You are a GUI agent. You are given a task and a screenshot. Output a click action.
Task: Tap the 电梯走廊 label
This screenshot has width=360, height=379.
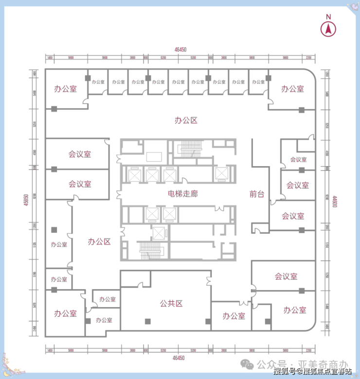[x=182, y=193]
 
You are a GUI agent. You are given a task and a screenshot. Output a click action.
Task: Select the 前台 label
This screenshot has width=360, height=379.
[x=256, y=194]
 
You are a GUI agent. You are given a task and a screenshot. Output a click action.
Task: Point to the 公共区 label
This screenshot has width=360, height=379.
[x=171, y=304]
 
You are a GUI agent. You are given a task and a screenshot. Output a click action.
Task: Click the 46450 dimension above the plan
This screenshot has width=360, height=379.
[x=180, y=49]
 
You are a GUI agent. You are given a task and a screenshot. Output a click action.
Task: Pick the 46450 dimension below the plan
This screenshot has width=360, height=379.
[x=179, y=358]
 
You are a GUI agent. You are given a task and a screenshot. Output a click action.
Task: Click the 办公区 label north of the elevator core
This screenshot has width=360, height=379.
[x=186, y=120]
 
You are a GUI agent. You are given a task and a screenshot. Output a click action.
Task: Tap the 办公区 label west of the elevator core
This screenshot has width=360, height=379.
[x=99, y=241]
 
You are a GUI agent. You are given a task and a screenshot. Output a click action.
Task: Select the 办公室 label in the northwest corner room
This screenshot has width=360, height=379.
[x=65, y=89]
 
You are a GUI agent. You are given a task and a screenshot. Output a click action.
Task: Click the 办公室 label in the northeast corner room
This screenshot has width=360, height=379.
[x=292, y=89]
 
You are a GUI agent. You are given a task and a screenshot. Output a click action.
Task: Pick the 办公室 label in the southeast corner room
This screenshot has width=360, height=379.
[x=295, y=310]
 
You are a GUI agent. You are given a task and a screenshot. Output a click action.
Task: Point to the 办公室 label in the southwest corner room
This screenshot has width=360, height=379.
[x=65, y=313]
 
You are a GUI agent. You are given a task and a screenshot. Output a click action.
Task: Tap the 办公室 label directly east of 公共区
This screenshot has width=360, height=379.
[x=234, y=316]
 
